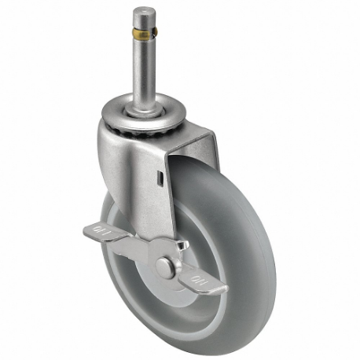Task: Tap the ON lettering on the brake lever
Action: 208,279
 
